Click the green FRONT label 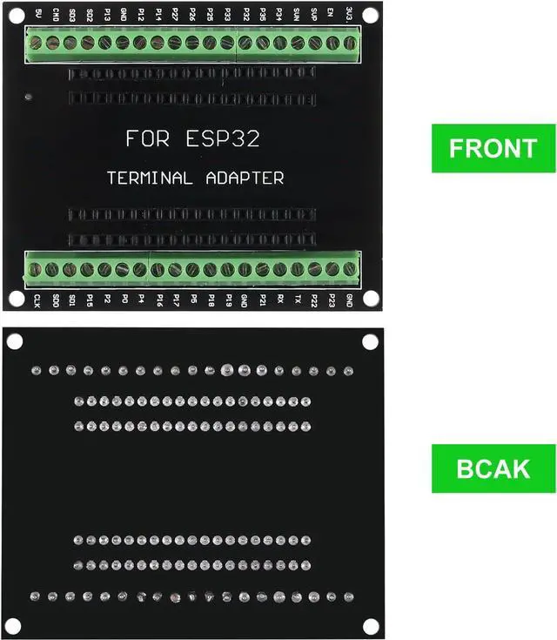[x=493, y=148]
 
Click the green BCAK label [x=493, y=468]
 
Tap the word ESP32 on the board [x=223, y=138]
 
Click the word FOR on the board [x=147, y=138]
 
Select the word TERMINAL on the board [x=149, y=178]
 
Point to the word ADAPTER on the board [x=245, y=178]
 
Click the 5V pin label [x=37, y=14]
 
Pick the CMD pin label [x=55, y=15]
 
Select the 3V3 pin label [x=348, y=14]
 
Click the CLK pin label [x=37, y=302]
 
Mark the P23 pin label [x=332, y=301]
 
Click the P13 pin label [x=106, y=15]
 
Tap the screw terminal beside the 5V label [x=37, y=43]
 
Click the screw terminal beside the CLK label [x=36, y=270]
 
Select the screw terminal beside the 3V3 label [x=349, y=43]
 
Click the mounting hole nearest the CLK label [x=16, y=298]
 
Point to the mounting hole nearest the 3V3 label [x=370, y=15]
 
